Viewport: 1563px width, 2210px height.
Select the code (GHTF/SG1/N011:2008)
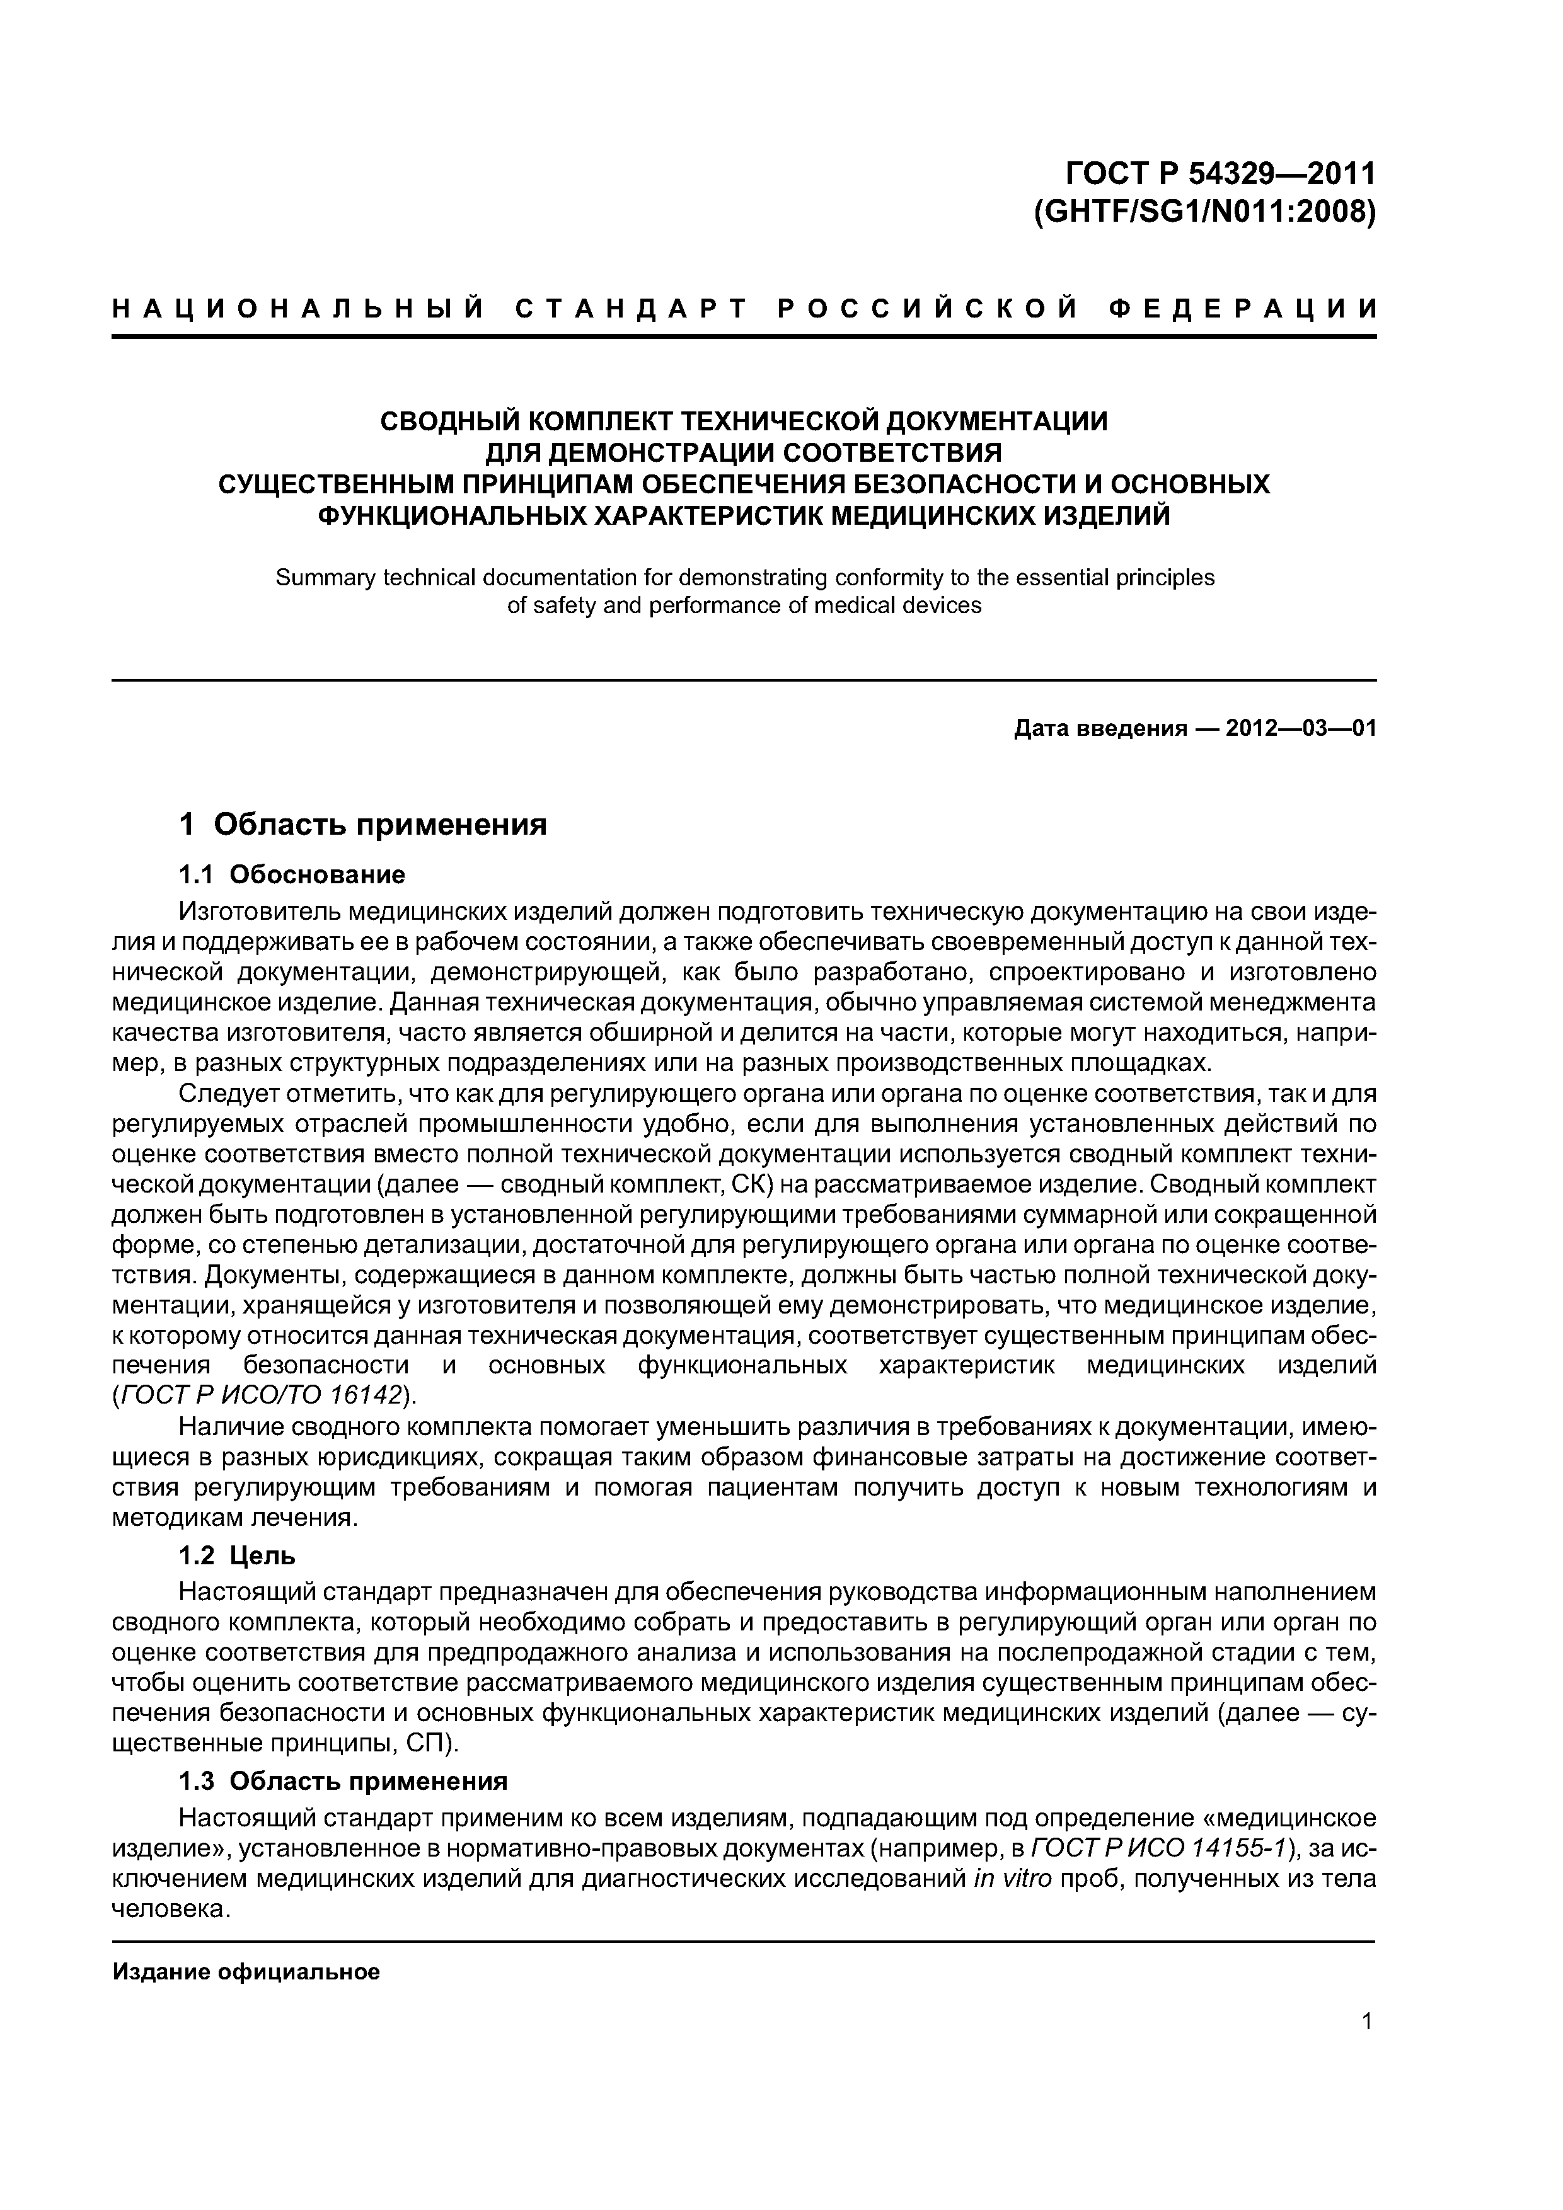[x=1204, y=211]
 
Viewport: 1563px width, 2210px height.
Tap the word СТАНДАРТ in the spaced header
[x=631, y=309]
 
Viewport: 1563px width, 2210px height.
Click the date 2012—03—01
[x=1300, y=729]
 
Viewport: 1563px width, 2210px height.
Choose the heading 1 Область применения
[x=363, y=825]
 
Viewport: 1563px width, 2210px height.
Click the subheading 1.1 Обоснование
[x=292, y=875]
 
